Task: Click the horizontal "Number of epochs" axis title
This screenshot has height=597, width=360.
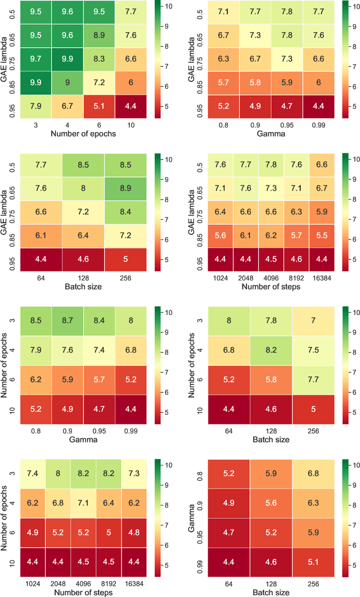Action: click(x=84, y=134)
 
